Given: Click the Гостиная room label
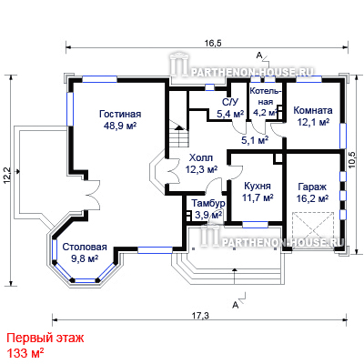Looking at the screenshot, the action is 120,114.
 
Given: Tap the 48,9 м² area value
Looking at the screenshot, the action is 120,126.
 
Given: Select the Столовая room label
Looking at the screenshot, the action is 85,248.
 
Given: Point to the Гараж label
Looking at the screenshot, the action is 312,187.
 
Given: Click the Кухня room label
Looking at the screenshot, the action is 258,186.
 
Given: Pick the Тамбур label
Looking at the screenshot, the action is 208,203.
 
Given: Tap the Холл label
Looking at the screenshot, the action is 201,158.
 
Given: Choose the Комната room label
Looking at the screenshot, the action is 313,110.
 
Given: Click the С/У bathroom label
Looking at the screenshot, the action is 229,102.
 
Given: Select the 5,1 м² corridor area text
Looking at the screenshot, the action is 255,140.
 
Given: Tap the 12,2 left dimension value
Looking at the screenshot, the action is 6,176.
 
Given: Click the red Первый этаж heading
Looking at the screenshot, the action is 45,338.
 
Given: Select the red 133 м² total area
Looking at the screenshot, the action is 25,353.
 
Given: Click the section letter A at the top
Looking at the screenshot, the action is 259,56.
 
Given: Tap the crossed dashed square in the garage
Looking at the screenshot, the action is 312,230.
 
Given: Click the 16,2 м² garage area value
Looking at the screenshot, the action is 312,198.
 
